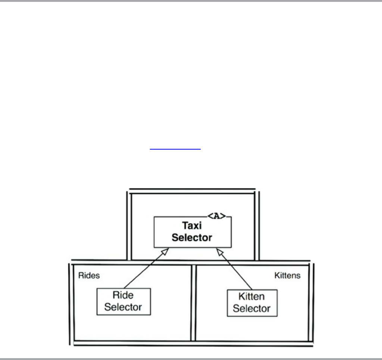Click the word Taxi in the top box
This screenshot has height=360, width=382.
[192, 226]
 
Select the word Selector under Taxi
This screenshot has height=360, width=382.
[192, 237]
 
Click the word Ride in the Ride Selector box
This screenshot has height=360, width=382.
[123, 295]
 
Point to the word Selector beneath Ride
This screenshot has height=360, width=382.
[123, 307]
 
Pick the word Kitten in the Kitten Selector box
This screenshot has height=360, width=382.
[252, 297]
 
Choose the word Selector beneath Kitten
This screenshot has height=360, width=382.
[252, 309]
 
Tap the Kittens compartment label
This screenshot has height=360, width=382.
[287, 276]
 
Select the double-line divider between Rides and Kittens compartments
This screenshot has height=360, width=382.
[193, 302]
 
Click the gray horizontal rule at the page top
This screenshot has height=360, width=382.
[191, 1]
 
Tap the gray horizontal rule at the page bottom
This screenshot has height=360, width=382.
[191, 359]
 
